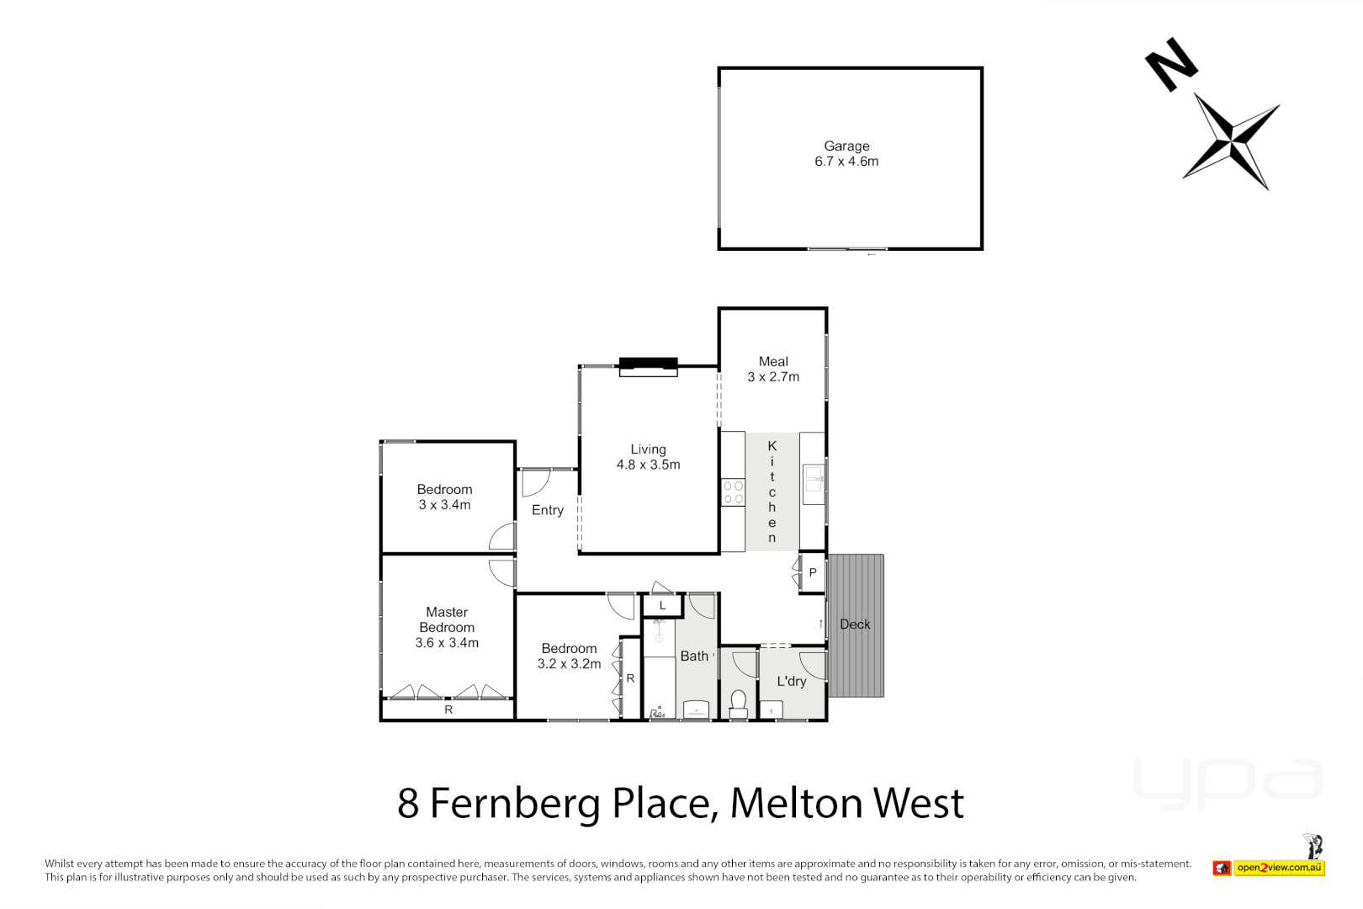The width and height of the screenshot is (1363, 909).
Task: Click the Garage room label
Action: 846,146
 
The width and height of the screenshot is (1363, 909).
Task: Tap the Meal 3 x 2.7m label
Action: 773,369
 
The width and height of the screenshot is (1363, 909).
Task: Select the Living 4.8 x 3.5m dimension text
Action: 648,465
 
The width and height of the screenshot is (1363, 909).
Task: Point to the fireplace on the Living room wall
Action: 648,366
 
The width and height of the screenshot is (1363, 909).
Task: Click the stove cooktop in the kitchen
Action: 733,492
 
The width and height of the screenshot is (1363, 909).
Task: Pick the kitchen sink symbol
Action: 813,480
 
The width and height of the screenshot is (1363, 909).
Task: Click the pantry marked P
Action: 812,572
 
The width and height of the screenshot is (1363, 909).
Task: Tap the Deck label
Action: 855,625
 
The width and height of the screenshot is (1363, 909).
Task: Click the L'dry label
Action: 791,681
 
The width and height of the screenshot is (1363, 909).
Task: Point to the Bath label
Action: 694,656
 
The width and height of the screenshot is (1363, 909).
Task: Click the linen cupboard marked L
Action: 662,605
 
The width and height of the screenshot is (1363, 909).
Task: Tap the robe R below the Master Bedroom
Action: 448,710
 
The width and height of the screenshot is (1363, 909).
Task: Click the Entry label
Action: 547,510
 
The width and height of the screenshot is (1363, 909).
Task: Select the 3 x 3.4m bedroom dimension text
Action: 444,505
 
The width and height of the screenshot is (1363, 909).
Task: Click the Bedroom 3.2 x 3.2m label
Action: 569,656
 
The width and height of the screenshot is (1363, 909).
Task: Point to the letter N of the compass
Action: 1170,64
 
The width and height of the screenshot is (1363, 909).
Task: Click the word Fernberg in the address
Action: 515,803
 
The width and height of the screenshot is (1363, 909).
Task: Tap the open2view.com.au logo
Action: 1279,868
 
